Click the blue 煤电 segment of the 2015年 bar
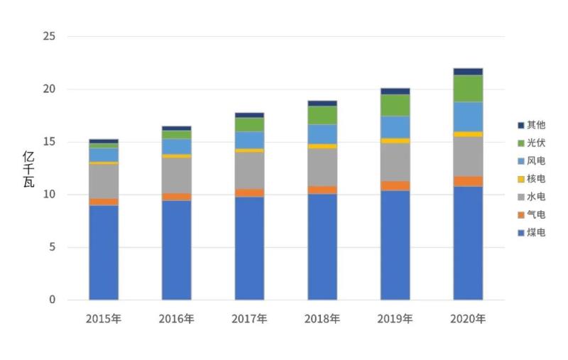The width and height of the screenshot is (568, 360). [x=104, y=252]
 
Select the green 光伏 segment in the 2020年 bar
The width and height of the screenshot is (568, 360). [x=468, y=89]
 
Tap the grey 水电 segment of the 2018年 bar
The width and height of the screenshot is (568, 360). [x=322, y=167]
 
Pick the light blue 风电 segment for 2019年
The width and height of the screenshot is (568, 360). [x=395, y=127]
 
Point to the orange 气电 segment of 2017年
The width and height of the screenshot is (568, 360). [x=249, y=192]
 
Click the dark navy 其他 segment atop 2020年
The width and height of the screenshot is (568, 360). [x=468, y=72]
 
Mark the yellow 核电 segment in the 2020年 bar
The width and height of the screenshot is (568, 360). [x=468, y=134]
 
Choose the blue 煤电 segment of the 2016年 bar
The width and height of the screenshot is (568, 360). [x=176, y=250]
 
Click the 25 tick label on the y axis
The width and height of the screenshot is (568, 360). [x=48, y=37]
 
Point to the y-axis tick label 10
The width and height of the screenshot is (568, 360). [x=48, y=195]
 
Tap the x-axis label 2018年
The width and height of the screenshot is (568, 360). [x=322, y=319]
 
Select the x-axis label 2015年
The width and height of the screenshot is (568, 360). [x=104, y=319]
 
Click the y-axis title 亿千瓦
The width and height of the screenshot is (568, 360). [x=28, y=169]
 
